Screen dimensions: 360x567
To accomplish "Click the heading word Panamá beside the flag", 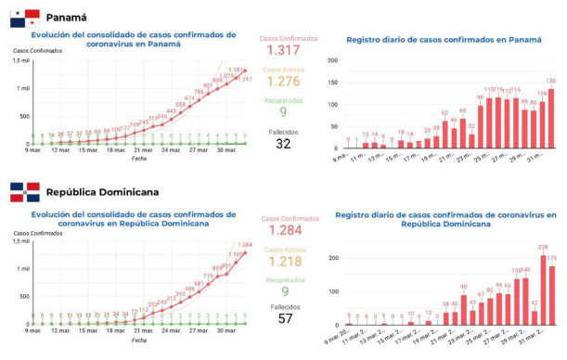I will (x=67, y=17).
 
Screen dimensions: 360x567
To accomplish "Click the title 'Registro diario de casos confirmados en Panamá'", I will (x=443, y=40).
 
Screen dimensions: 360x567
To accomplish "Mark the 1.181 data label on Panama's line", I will (x=236, y=70).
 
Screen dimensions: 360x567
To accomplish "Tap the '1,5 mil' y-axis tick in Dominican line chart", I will (x=21, y=241).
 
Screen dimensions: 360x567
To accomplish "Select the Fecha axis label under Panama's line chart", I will (x=138, y=159).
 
